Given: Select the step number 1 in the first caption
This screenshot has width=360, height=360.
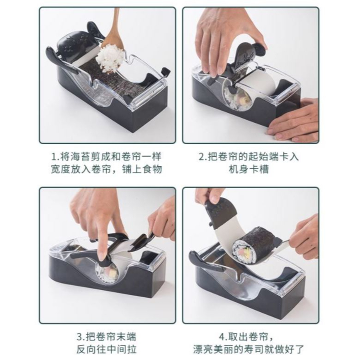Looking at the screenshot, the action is click(x=54, y=157).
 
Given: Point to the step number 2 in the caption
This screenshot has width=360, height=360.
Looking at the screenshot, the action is click(x=202, y=157).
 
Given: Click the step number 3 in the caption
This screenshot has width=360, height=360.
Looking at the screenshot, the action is click(x=80, y=337).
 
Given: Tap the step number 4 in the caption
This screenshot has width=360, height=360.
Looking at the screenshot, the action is click(x=222, y=337).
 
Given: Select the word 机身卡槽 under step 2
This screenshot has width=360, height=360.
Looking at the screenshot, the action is click(x=249, y=169).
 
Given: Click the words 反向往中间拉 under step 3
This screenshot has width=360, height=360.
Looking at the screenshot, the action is click(x=106, y=349).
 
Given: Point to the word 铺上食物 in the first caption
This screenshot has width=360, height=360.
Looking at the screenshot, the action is click(x=142, y=169).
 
